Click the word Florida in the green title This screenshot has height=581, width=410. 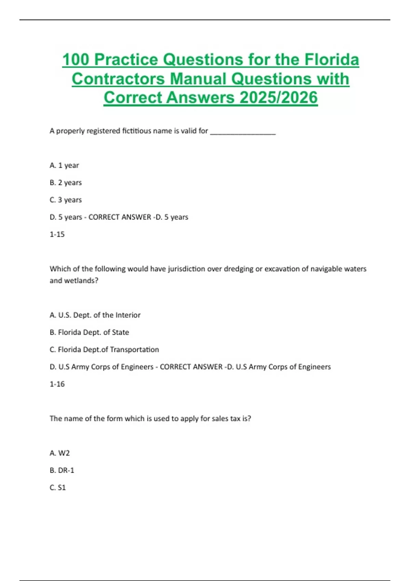331,59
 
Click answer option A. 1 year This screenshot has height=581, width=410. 64,165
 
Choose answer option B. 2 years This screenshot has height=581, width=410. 66,183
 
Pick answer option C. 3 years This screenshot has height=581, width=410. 66,200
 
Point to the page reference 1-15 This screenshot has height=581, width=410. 57,234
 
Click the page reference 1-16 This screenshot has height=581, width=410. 57,384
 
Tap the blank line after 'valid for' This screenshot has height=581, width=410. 243,132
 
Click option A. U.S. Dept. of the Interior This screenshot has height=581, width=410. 95,315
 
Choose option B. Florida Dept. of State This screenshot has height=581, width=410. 89,332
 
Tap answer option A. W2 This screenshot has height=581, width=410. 59,453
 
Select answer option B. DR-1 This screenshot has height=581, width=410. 62,470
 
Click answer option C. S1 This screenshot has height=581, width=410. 57,488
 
